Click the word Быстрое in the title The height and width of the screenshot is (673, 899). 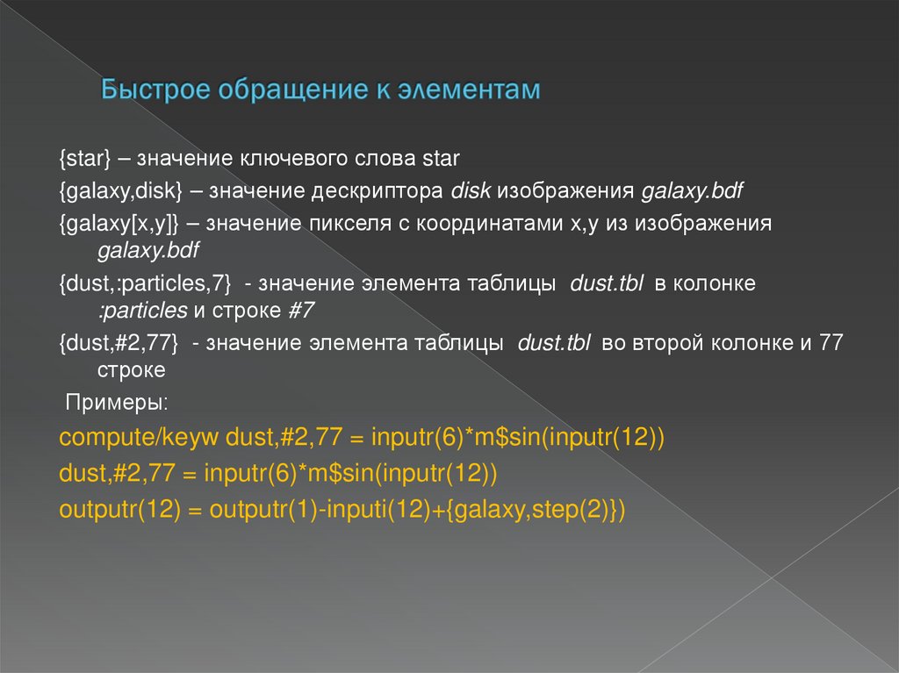(156, 90)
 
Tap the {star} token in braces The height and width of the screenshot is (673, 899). (85, 160)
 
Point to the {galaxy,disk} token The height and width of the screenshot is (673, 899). (120, 191)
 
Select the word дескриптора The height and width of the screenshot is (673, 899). (380, 191)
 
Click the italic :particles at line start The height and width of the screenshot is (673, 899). (142, 311)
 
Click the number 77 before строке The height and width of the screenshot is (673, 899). (831, 343)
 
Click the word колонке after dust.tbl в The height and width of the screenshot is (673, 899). (716, 285)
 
